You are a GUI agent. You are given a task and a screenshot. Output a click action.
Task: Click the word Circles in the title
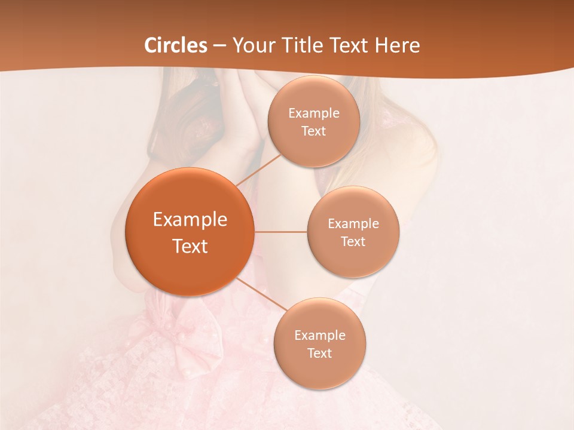(176, 45)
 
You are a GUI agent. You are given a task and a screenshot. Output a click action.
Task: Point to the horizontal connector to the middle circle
(281, 232)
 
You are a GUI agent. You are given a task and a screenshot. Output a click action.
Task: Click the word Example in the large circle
(190, 220)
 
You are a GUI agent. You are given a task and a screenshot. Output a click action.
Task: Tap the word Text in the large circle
(190, 246)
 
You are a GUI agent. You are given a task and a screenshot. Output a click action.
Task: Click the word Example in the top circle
(314, 113)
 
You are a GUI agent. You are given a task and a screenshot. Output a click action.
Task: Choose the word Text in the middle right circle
(353, 241)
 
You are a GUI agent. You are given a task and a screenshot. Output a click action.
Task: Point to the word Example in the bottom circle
(320, 335)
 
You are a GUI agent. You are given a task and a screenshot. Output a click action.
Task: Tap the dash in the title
(219, 45)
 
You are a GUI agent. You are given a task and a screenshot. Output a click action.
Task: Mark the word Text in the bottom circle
(319, 353)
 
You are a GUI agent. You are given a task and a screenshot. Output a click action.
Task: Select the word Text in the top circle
(313, 131)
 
